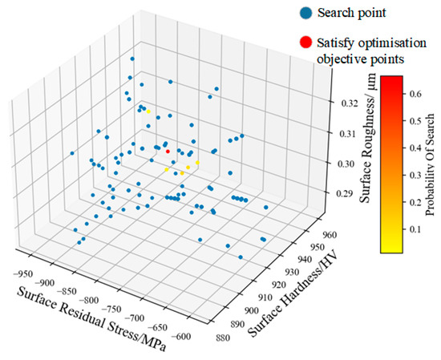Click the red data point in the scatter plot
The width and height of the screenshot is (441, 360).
pos(168,151)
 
